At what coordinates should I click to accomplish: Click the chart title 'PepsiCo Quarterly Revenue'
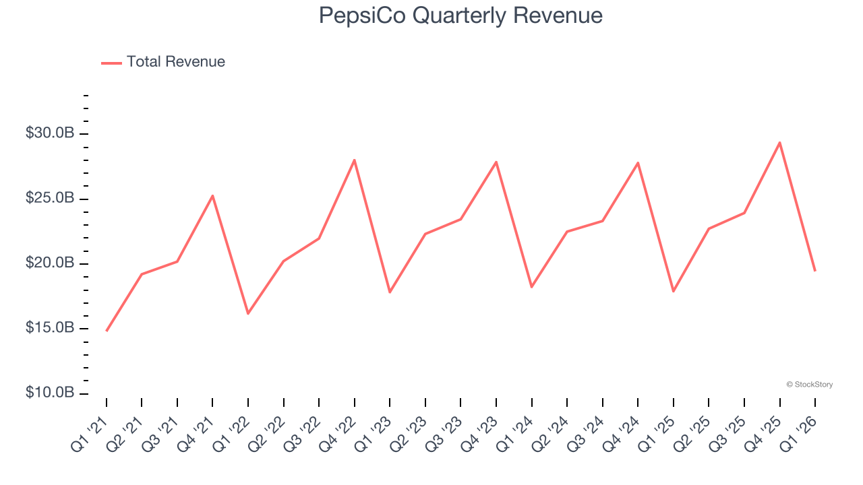pos(460,15)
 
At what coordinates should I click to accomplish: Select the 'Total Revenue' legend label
pos(175,62)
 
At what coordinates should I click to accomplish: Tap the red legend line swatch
pos(111,63)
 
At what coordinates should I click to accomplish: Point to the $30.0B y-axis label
pos(50,133)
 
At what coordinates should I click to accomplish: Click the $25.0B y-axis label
pos(50,199)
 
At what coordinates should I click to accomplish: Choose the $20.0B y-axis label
pos(50,263)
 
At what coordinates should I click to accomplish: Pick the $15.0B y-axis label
pos(50,328)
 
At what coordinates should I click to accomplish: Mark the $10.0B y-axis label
pos(50,393)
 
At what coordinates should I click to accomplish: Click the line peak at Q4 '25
pos(779,142)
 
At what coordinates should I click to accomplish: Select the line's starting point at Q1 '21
pos(107,331)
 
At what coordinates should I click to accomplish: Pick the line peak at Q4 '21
pos(212,196)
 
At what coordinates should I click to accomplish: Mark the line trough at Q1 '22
pos(248,313)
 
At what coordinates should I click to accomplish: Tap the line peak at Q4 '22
pos(354,160)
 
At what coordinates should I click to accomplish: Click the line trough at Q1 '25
pos(673,291)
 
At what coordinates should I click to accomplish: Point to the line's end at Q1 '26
pos(814,271)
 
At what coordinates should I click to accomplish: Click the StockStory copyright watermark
pos(809,385)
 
